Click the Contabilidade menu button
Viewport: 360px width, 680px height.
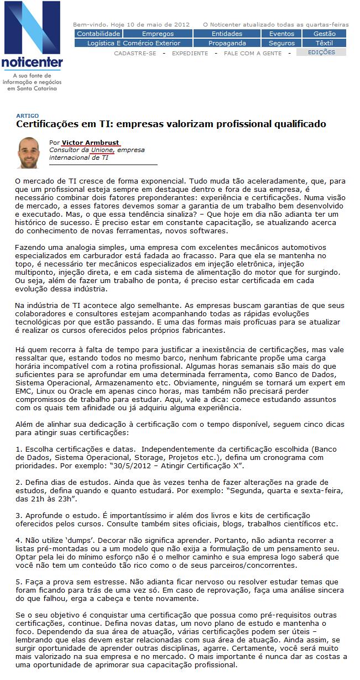coord(98,34)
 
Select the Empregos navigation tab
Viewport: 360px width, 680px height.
coord(158,34)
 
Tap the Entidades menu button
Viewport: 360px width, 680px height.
coord(227,34)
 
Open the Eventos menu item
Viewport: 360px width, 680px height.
coord(281,34)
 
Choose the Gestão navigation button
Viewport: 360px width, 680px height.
coord(324,34)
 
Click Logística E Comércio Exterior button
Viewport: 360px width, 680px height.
coord(134,43)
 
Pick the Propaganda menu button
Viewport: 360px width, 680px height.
coord(227,43)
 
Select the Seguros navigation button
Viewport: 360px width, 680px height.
coord(281,43)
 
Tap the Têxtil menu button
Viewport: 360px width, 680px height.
coord(324,43)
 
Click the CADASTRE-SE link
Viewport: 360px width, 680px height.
coord(135,54)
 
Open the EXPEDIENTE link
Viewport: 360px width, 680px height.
coord(190,54)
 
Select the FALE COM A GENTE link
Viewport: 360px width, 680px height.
coord(253,54)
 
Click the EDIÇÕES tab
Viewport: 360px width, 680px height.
coord(321,53)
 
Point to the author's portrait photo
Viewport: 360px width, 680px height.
coord(28,152)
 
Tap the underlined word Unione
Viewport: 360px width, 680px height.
coord(102,150)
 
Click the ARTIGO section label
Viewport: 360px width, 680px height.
coord(27,116)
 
